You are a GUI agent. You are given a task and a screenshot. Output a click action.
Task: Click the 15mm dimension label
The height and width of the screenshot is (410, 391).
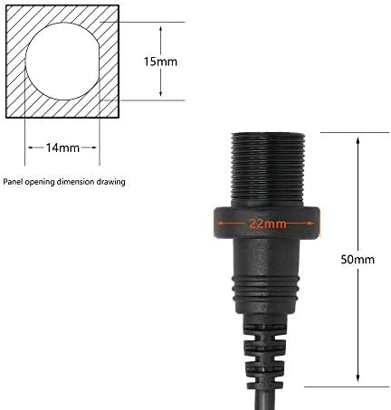pos(160,62)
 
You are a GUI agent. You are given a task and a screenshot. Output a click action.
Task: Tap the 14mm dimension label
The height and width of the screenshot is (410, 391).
pos(62,148)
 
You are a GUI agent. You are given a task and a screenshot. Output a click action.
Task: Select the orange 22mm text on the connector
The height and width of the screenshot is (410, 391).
pos(268,224)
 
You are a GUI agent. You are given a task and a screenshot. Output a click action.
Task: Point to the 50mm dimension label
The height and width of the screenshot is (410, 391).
pos(358,260)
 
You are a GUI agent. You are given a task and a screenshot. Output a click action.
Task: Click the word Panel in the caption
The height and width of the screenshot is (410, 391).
pos(14,182)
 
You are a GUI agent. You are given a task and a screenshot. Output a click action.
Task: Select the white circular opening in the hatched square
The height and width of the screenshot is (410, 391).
pos(62,62)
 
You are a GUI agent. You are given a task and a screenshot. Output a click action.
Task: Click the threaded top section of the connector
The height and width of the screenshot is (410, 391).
pos(268,170)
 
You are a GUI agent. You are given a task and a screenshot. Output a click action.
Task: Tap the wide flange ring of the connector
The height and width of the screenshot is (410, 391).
pos(267,223)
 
